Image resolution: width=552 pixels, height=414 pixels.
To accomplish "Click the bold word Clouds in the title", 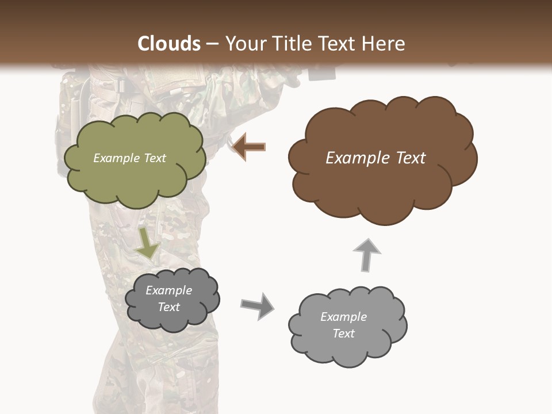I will click(169, 44).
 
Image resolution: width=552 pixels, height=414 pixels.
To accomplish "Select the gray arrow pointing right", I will click(258, 305).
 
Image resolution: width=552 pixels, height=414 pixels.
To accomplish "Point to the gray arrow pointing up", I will click(366, 255).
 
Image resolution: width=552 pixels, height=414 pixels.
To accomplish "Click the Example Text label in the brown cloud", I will click(375, 158).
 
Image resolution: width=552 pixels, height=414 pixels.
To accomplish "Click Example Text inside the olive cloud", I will click(129, 158).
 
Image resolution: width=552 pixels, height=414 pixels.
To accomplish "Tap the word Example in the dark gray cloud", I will click(168, 290).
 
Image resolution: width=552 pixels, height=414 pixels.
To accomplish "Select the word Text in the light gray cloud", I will click(343, 333).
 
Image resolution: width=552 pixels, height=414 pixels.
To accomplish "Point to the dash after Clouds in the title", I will click(212, 44).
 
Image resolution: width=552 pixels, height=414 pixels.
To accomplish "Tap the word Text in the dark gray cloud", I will click(168, 307).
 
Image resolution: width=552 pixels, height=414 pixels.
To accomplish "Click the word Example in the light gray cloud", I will click(343, 317).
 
